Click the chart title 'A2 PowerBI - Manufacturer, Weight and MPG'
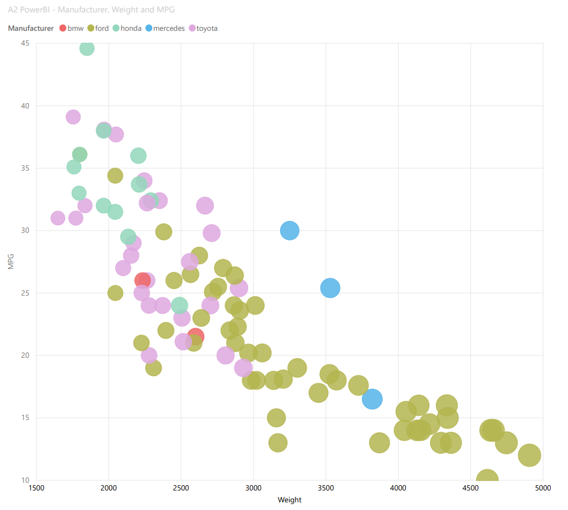(x=91, y=10)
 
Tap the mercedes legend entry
(x=168, y=28)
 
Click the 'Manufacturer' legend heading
(x=31, y=28)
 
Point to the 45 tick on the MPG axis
(x=25, y=43)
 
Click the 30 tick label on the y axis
(x=25, y=230)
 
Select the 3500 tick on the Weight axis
(x=326, y=487)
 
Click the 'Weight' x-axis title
(x=290, y=500)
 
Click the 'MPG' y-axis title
(x=11, y=262)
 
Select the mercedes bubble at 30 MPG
(x=290, y=230)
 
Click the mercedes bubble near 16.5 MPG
(x=372, y=399)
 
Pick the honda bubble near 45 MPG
(x=87, y=49)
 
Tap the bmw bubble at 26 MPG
(x=142, y=280)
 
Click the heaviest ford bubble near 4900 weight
(x=530, y=456)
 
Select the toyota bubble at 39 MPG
(x=73, y=117)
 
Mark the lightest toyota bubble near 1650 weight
(x=57, y=218)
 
